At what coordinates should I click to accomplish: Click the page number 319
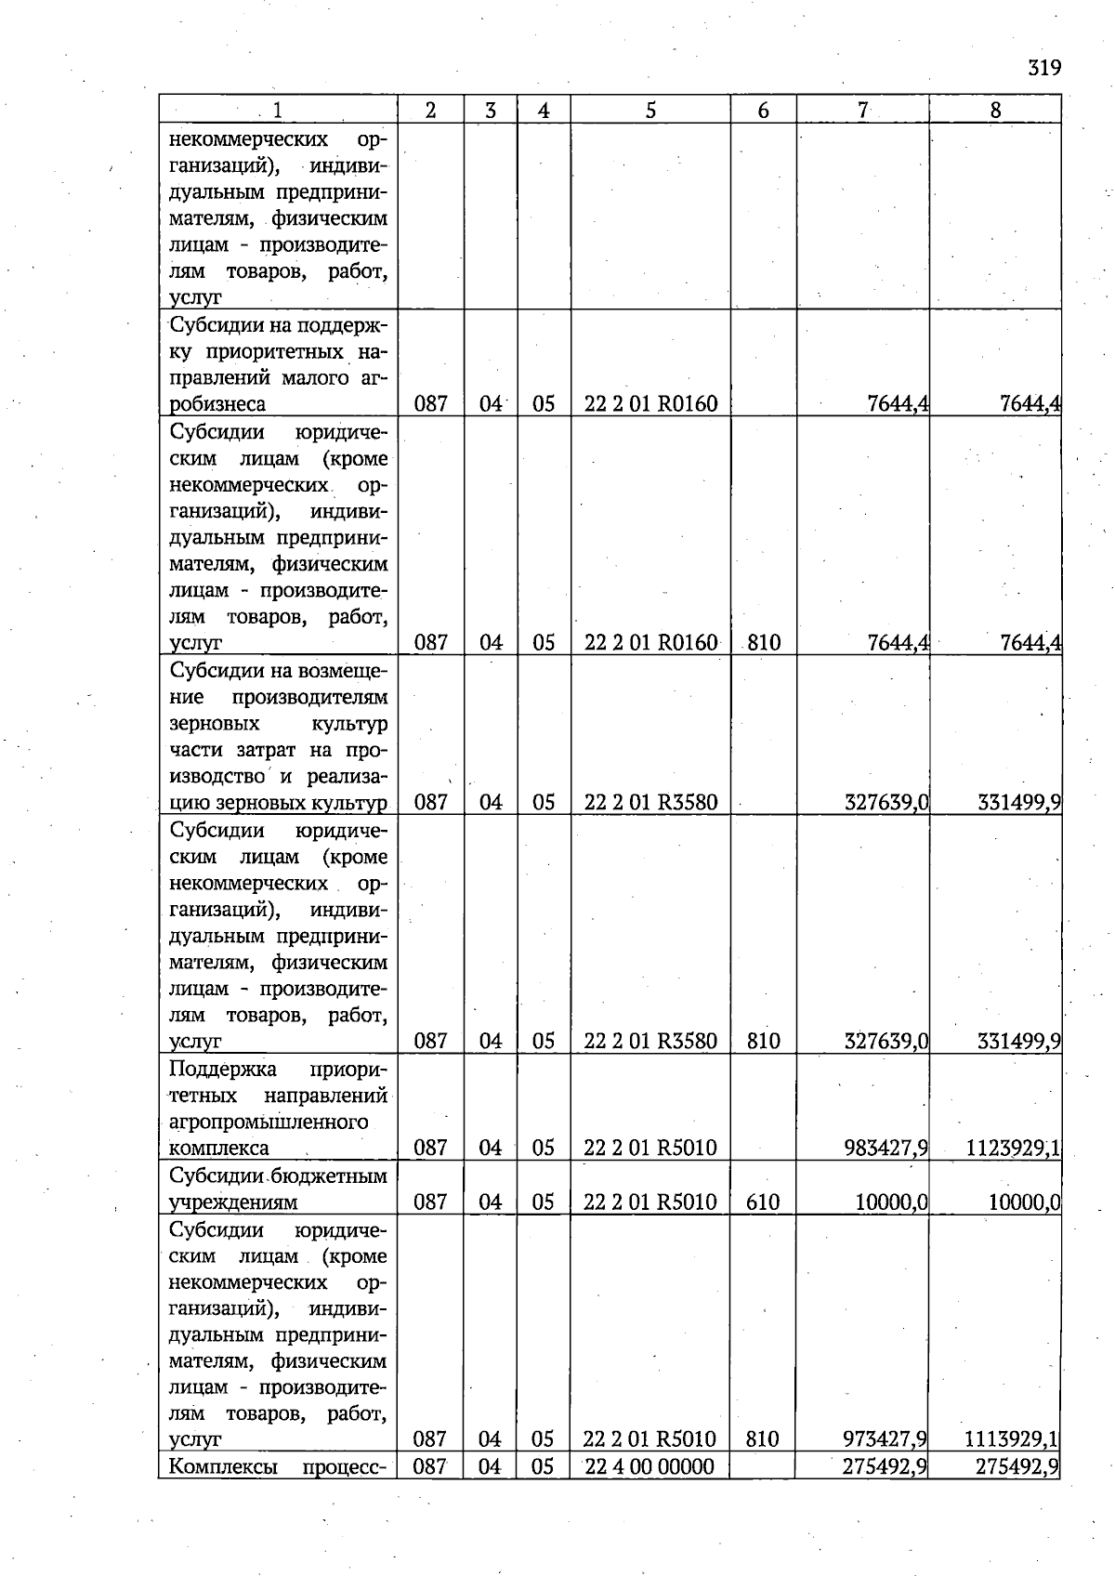(1044, 68)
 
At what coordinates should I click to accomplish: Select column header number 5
(650, 110)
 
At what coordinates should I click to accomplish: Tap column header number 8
(995, 110)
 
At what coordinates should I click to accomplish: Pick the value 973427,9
(885, 1439)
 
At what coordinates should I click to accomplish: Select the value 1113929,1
(1012, 1439)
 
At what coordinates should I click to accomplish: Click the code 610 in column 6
(763, 1202)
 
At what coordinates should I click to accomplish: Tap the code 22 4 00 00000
(649, 1466)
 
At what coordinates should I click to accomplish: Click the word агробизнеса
(217, 404)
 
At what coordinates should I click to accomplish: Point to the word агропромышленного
(269, 1122)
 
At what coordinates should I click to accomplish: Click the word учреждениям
(233, 1202)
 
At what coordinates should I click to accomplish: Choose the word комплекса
(219, 1149)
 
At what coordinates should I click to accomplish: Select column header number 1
(278, 110)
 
